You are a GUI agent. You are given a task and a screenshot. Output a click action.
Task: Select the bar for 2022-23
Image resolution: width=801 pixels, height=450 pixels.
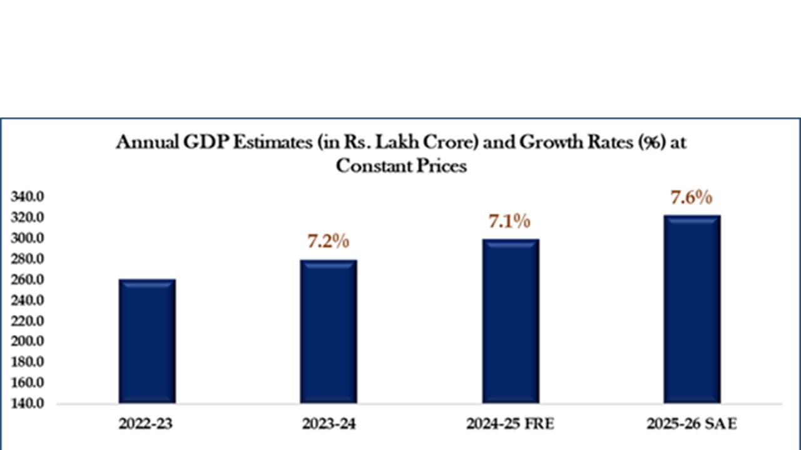coord(147,341)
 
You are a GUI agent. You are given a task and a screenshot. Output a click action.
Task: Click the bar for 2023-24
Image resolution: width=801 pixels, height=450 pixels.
coord(329,331)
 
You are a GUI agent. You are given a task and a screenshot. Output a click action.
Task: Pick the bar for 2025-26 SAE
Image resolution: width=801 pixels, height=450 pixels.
coord(692,309)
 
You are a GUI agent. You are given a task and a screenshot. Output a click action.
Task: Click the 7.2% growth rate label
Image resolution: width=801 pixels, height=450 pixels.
coord(328,241)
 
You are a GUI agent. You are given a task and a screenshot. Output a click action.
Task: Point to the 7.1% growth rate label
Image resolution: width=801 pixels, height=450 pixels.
coord(509,221)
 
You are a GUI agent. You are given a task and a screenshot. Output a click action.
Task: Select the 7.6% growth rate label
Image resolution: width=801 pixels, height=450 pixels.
coord(691,197)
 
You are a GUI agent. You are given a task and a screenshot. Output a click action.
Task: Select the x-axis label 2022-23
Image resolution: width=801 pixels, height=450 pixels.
coord(146,424)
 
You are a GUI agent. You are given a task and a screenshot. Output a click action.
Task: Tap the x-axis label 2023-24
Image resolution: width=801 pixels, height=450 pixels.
coord(329,424)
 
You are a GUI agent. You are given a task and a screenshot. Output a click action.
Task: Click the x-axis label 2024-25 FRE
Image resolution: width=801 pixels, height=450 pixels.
coord(510,424)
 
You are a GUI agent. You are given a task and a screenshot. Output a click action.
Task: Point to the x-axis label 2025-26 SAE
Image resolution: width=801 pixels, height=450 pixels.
coord(692,424)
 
